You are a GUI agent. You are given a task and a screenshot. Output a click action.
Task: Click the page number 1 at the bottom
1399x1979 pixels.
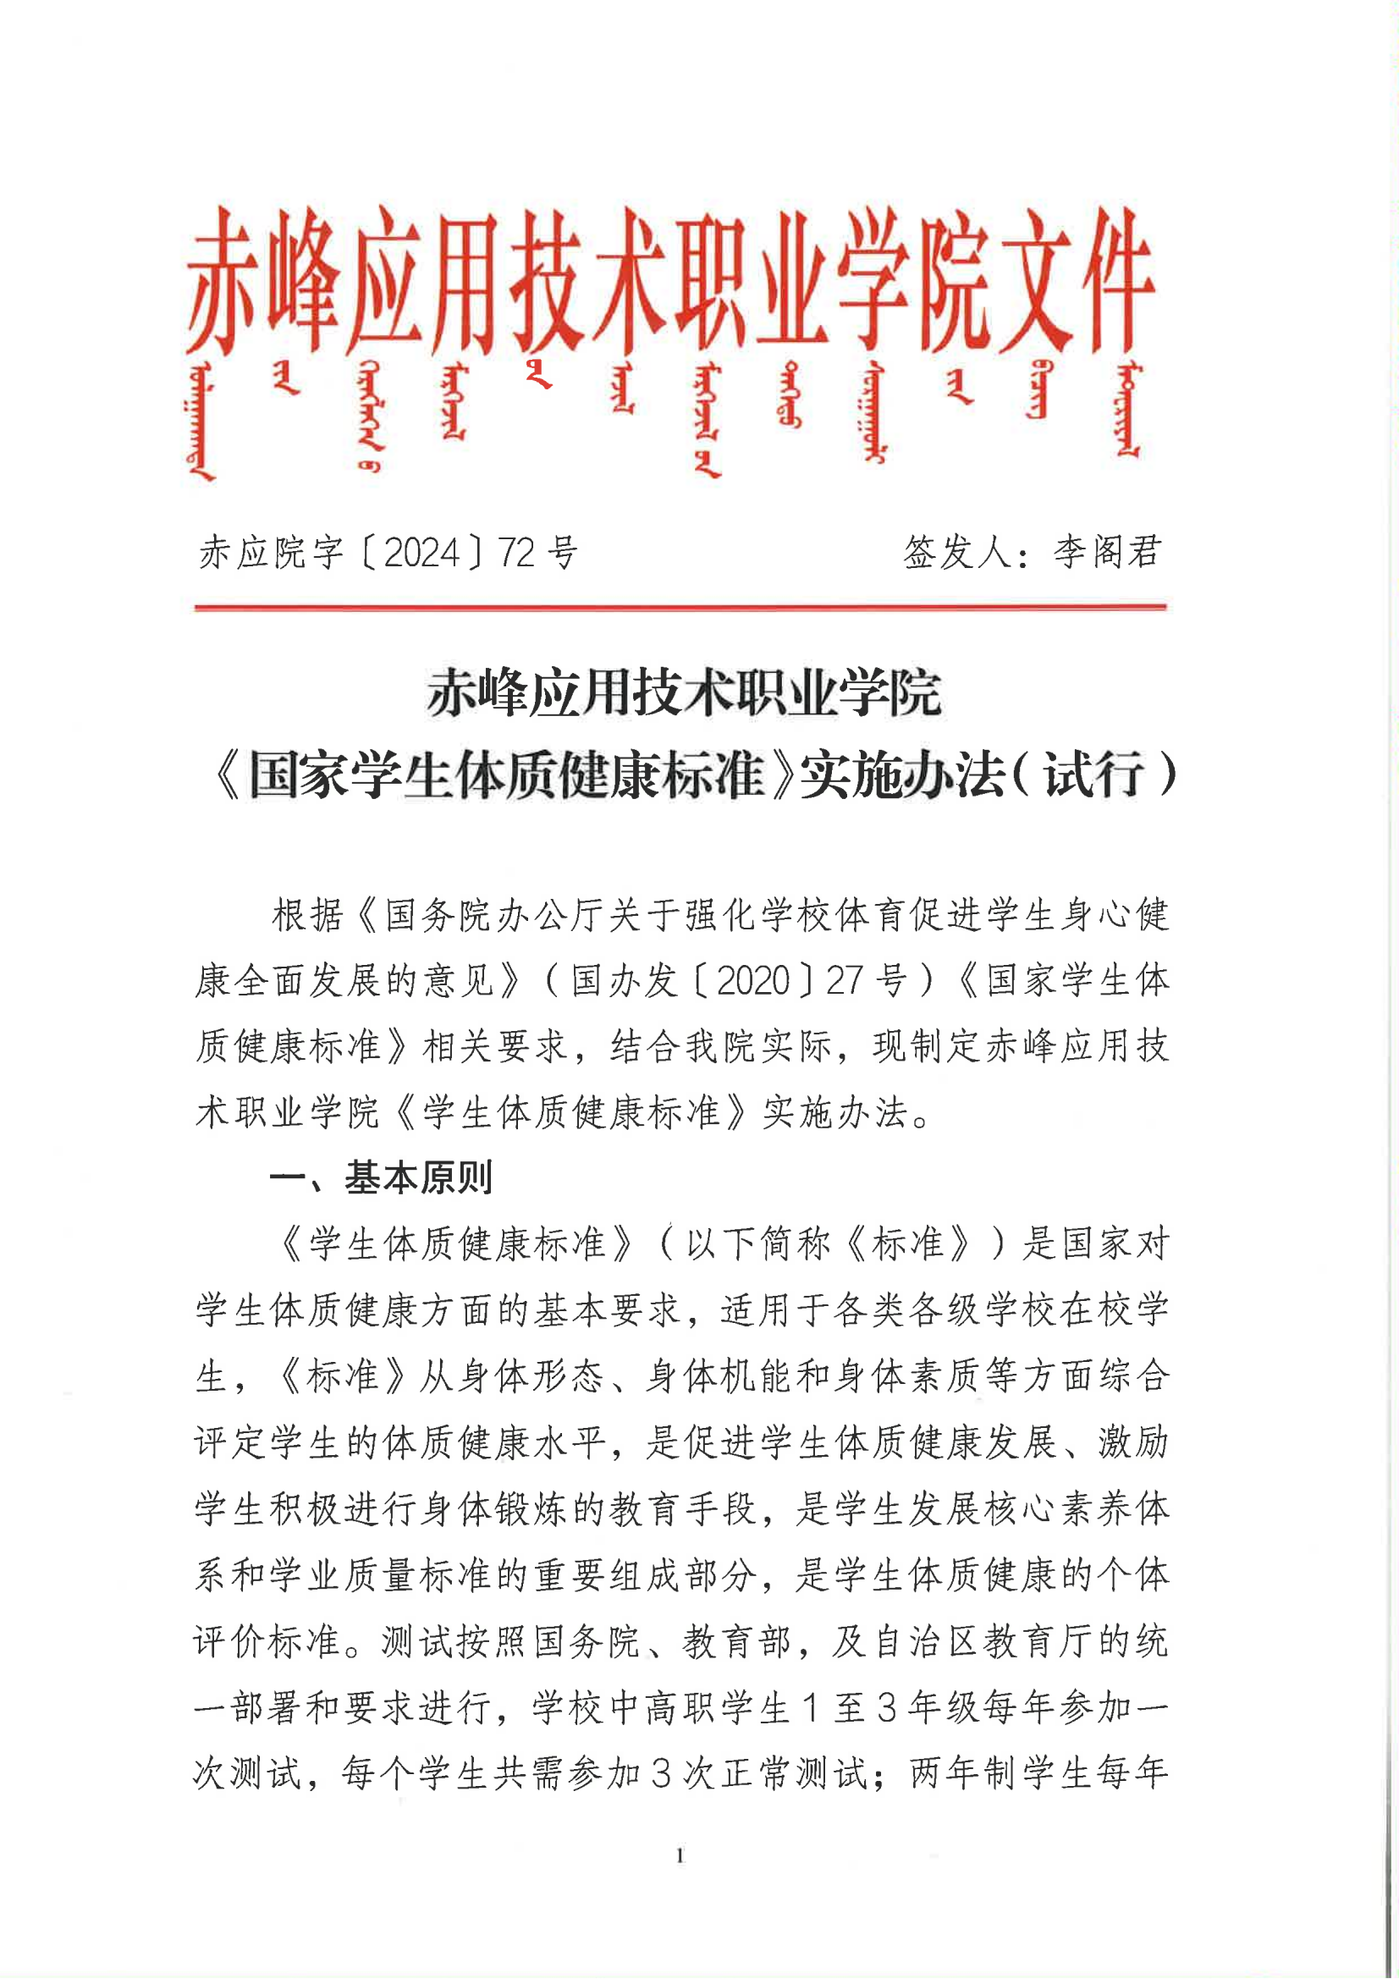click(x=680, y=1855)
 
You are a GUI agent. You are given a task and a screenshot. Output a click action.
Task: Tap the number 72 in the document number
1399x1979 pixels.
click(x=515, y=553)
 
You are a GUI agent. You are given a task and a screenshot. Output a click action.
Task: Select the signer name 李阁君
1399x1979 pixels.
click(x=1107, y=552)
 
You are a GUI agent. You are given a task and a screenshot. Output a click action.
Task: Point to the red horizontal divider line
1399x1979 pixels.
click(x=680, y=608)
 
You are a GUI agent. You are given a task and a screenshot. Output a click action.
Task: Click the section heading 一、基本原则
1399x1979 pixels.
click(x=381, y=1177)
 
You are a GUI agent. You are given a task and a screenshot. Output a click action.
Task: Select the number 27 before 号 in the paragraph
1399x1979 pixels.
click(x=844, y=980)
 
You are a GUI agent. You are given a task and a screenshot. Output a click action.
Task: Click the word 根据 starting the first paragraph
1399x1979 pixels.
click(x=308, y=914)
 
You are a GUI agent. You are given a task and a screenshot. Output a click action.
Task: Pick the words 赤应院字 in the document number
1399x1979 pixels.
click(x=272, y=553)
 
